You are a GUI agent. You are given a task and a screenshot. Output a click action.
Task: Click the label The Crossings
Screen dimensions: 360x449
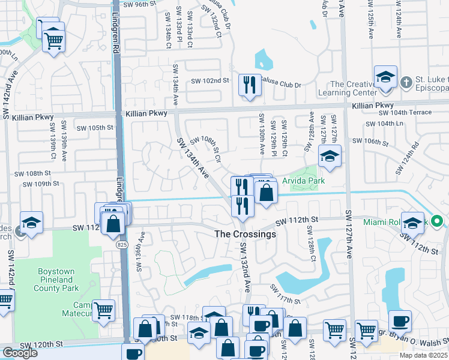pos(246,234)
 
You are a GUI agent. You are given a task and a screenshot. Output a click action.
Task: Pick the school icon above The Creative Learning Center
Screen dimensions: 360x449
pos(385,77)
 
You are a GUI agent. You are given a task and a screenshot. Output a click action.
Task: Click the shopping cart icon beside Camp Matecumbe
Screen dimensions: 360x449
pos(104,311)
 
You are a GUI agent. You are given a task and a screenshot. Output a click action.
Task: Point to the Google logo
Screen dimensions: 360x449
pos(20,353)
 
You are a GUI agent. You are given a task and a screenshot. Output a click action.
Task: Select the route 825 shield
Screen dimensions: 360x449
pos(122,245)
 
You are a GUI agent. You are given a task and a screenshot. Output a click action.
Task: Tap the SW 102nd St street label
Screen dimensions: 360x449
pos(210,81)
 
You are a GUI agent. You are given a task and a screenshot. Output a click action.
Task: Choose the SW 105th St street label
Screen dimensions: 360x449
pos(97,128)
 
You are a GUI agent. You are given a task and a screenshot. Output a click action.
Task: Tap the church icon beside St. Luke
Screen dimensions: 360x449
pos(406,82)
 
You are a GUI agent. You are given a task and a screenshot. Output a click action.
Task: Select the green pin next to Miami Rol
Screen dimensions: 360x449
pos(438,222)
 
